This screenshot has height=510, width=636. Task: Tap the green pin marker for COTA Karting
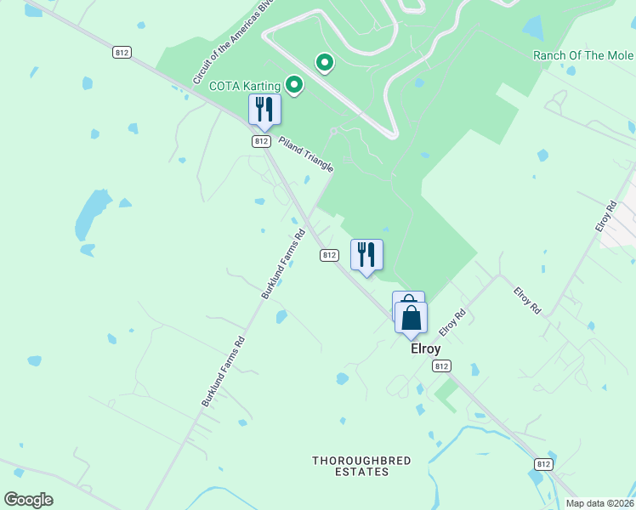click(x=294, y=84)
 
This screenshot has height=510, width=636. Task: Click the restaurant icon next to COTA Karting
click(x=264, y=109)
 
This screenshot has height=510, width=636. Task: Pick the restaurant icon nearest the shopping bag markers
click(x=366, y=254)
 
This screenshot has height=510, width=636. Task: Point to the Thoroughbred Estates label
click(x=361, y=466)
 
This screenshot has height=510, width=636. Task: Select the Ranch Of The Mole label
click(x=582, y=56)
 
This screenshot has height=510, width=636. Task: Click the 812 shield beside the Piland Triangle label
click(x=261, y=141)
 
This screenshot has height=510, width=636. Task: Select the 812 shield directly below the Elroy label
click(x=440, y=365)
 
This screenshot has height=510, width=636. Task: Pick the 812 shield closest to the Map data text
click(x=544, y=464)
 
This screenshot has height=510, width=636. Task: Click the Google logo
click(x=28, y=500)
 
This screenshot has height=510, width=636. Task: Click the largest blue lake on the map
click(x=92, y=213)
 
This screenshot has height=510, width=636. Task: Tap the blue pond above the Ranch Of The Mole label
click(x=534, y=28)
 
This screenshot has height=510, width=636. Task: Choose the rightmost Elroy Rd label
click(x=605, y=217)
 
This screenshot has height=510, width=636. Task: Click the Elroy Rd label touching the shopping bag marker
click(x=452, y=322)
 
